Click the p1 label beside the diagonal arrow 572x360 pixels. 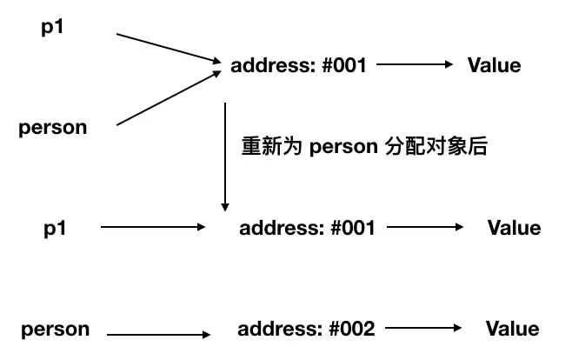point(53,27)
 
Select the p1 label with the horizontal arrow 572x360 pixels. point(55,228)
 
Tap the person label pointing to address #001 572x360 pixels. point(53,128)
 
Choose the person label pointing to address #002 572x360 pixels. point(56,330)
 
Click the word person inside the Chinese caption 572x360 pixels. point(342,146)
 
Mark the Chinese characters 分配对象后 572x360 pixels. point(435,146)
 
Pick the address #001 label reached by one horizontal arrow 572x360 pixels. point(307,228)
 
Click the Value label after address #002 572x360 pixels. point(512,329)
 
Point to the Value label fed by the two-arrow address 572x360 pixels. point(494,65)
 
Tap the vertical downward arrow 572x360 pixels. point(225,157)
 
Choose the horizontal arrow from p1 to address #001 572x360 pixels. point(152,228)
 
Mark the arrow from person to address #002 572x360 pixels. point(159,333)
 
